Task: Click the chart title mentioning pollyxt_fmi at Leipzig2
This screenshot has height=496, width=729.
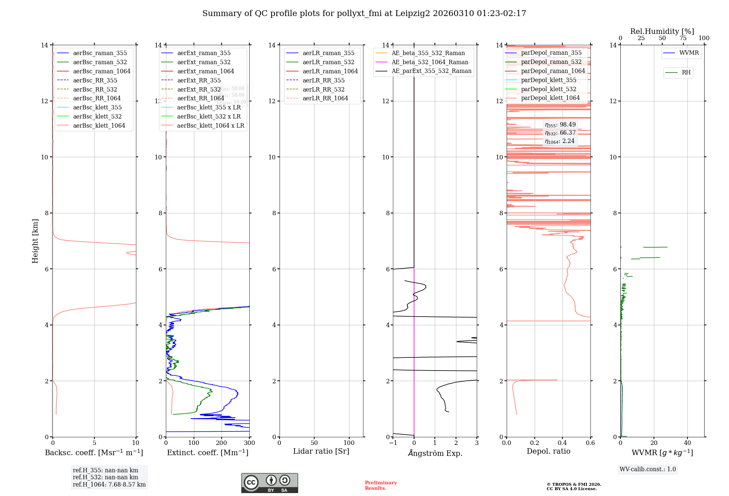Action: click(364, 13)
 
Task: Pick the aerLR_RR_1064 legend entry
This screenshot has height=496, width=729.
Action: click(325, 98)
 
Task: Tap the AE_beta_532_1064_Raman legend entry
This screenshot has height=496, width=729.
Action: click(430, 62)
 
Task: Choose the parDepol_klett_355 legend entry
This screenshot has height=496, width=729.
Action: click(549, 80)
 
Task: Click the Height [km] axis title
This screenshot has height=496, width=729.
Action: click(35, 241)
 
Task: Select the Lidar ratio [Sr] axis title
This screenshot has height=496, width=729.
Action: click(321, 452)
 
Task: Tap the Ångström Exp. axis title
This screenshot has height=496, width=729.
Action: click(435, 453)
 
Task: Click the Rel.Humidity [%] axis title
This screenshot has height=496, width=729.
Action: click(662, 31)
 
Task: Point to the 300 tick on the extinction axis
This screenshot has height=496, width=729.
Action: click(250, 443)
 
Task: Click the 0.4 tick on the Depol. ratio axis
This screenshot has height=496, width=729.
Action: click(562, 443)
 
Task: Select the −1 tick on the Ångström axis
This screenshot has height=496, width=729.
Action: click(393, 443)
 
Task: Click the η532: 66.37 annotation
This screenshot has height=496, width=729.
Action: click(560, 133)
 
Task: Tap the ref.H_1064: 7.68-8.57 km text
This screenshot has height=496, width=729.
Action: click(109, 484)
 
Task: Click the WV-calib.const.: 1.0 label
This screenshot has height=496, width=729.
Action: click(648, 469)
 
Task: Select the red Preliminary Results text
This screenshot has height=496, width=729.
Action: click(381, 485)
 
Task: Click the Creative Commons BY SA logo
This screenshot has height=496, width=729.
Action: click(269, 483)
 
